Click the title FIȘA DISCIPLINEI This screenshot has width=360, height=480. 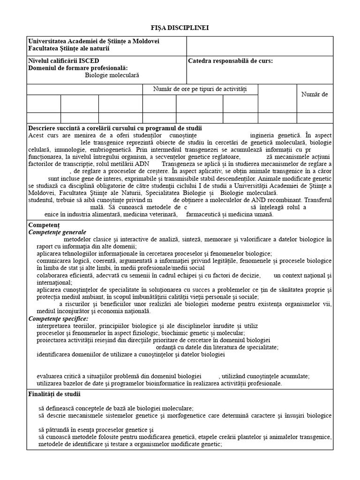[x=180, y=28]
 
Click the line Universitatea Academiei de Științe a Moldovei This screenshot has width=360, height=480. [x=94, y=41]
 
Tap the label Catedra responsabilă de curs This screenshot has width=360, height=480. [x=230, y=61]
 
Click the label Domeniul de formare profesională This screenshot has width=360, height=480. [x=78, y=68]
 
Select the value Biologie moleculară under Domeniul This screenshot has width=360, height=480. [x=112, y=75]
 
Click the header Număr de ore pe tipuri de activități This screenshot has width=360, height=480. [x=200, y=89]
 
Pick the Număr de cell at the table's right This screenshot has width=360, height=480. [x=315, y=94]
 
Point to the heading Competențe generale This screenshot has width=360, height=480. [x=57, y=232]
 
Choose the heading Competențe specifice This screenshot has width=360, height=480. [x=58, y=319]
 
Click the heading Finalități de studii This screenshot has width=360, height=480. [x=54, y=394]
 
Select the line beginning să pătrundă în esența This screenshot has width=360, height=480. [x=97, y=430]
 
